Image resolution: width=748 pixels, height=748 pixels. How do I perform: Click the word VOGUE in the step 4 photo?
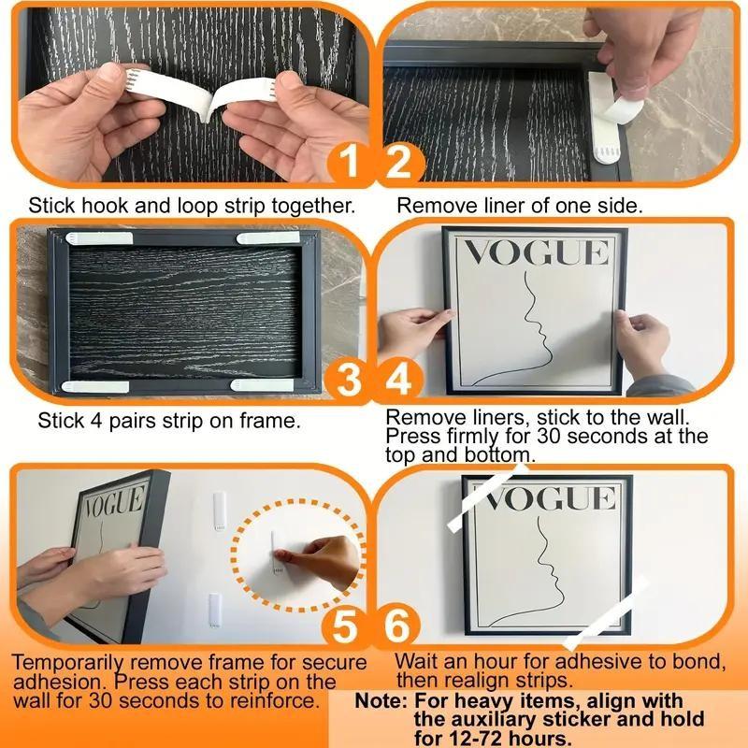[536, 253]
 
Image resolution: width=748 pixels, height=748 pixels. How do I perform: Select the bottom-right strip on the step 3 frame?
[263, 384]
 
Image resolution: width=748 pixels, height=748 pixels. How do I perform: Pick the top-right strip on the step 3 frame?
[269, 239]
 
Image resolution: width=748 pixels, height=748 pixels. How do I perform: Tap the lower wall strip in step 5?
[214, 609]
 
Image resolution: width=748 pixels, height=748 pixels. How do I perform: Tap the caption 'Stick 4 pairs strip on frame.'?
[169, 421]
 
